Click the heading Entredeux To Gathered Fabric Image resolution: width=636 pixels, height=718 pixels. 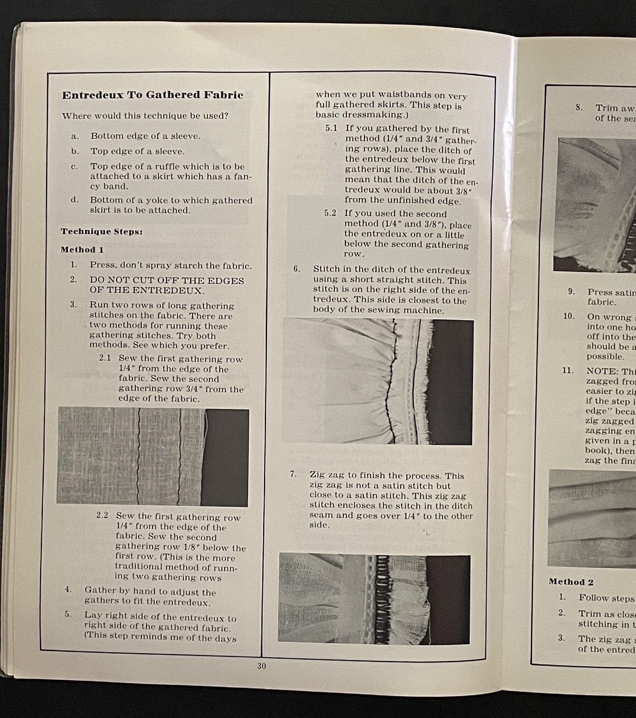tap(152, 95)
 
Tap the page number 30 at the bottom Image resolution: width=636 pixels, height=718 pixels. tap(261, 666)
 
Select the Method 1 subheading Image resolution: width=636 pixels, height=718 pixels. tap(82, 250)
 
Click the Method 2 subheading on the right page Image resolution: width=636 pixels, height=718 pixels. tap(571, 582)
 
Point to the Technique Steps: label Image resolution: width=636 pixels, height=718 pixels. tap(102, 232)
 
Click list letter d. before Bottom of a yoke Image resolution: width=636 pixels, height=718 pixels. tap(74, 200)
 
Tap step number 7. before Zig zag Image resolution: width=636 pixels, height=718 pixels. tap(293, 474)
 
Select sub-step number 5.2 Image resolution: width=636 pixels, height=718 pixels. tap(330, 214)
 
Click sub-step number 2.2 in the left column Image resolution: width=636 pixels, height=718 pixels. tap(102, 515)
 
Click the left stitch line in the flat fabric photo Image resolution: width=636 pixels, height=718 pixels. tap(139, 456)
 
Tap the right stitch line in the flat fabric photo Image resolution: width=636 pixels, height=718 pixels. tap(180, 456)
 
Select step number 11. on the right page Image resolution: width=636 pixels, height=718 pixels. tap(567, 370)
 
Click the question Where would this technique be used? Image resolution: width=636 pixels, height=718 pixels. tap(145, 116)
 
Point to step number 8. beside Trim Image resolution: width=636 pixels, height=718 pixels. tap(579, 107)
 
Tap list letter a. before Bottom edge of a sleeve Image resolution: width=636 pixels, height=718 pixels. tap(75, 136)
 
